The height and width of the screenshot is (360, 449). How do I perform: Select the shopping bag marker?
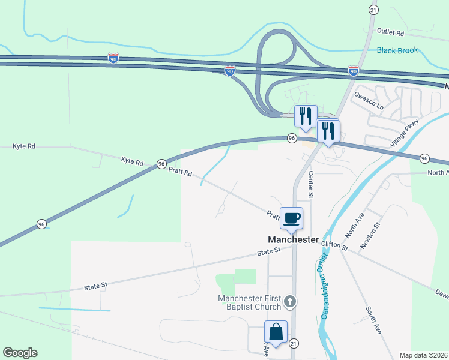point(276,332)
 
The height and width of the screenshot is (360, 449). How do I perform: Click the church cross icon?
point(290,301)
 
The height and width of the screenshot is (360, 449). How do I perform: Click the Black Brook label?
point(397,50)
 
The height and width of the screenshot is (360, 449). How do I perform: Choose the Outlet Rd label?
point(391,31)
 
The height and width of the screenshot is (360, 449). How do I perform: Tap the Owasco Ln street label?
point(369,100)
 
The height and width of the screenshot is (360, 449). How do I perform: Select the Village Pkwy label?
point(408,134)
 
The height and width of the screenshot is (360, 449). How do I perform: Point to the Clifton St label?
point(334,245)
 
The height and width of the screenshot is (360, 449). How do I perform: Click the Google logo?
point(20,353)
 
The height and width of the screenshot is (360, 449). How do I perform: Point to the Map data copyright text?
point(423,355)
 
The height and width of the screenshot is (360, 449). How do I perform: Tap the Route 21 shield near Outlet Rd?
point(373,10)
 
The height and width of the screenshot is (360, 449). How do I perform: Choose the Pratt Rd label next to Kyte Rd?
point(180,172)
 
